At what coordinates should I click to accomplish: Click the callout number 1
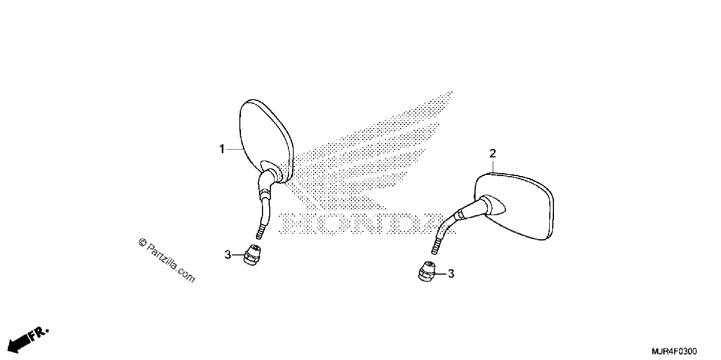(222, 149)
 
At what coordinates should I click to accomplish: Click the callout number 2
(493, 154)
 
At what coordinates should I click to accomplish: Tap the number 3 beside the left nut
(228, 255)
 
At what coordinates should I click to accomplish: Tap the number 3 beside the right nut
(451, 273)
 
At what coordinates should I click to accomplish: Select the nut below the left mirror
(252, 255)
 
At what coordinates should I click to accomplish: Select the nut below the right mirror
(427, 272)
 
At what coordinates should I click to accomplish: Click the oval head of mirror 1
(266, 141)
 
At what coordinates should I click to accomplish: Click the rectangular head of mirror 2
(514, 206)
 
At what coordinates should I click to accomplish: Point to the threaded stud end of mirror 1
(261, 232)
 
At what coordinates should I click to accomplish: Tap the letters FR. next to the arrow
(39, 334)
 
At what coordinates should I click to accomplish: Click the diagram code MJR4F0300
(674, 351)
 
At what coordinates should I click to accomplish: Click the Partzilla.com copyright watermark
(167, 260)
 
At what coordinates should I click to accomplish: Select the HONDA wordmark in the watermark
(367, 223)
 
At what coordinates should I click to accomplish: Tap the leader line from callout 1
(234, 149)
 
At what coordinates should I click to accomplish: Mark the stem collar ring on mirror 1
(264, 194)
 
